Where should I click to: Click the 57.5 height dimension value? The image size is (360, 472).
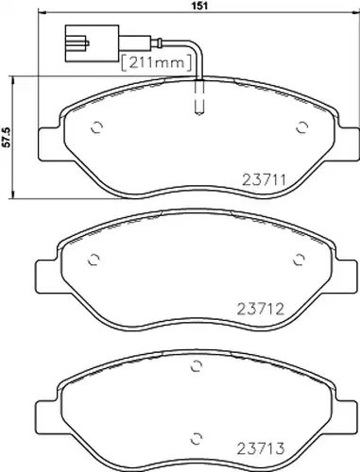pos(7,138)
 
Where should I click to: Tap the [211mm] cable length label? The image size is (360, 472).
pos(156,62)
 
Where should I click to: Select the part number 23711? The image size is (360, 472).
pos(264,180)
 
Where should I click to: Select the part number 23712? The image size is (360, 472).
pos(260,309)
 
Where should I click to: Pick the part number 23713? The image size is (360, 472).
pos(260,448)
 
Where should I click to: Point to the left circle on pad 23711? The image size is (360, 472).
pos(96,127)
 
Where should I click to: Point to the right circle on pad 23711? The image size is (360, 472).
pos(302,127)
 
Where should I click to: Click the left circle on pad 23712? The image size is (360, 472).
pos(94,260)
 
